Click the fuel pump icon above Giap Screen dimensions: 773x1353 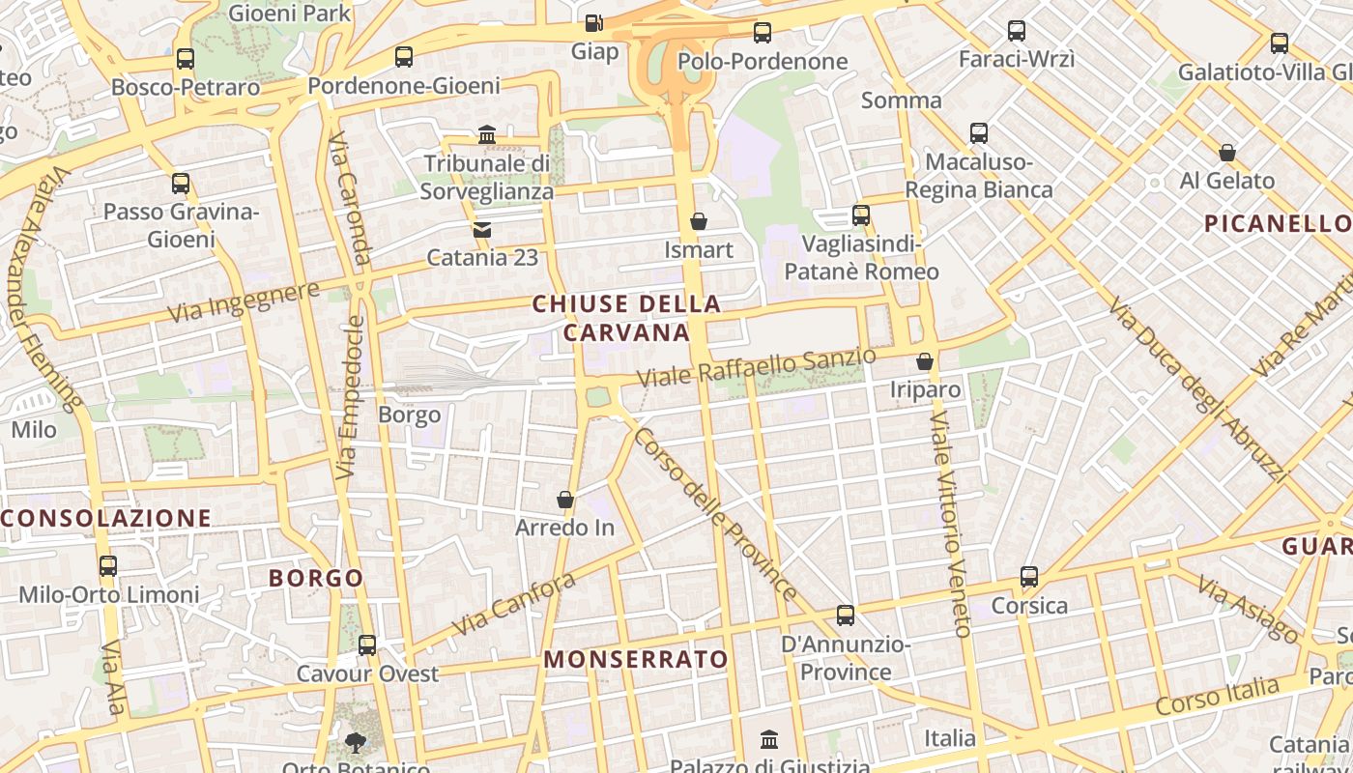click(594, 21)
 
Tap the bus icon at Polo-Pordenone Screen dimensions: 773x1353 click(763, 33)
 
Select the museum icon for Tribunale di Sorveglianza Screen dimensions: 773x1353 click(487, 134)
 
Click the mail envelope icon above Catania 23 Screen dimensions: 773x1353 click(481, 229)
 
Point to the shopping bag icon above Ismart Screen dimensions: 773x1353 click(699, 221)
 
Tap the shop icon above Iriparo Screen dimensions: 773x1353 click(925, 361)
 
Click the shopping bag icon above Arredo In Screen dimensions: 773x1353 click(565, 500)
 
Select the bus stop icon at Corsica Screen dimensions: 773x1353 click(1029, 577)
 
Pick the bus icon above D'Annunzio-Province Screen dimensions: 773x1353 click(846, 615)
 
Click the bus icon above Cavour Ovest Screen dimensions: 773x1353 click(367, 644)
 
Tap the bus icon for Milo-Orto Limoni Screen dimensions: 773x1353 click(108, 565)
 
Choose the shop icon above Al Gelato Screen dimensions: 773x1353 click(1227, 152)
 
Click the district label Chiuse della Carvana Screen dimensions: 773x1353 click(626, 318)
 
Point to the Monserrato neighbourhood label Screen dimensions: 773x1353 click(636, 659)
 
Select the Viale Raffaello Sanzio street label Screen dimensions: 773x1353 click(756, 367)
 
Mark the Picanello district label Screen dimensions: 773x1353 click(1276, 224)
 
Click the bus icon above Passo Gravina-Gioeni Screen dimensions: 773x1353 click(181, 183)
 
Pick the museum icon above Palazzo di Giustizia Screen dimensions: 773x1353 click(769, 740)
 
